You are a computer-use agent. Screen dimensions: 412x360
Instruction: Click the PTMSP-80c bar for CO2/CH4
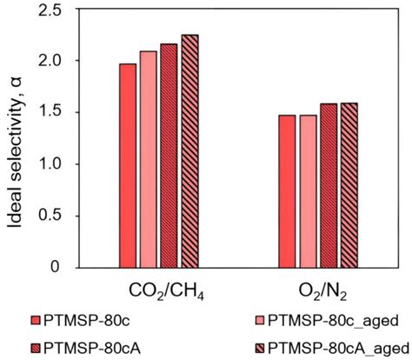(x=128, y=165)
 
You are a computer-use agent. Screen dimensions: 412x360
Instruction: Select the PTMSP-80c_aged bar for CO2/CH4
(x=149, y=159)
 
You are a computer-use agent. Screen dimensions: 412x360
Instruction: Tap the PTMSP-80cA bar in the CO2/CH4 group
(x=169, y=156)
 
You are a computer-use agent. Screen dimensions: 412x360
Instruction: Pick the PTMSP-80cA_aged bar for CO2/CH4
(x=190, y=151)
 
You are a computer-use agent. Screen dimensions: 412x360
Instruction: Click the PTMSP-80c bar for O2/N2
(x=287, y=191)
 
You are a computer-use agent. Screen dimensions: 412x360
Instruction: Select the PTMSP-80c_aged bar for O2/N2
(x=309, y=191)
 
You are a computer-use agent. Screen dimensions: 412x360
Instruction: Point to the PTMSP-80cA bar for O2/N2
(x=329, y=185)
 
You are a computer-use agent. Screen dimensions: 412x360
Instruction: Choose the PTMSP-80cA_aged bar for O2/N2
(x=349, y=185)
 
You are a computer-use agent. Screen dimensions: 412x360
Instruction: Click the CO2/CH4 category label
(x=167, y=291)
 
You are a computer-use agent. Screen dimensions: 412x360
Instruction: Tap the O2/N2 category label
(x=323, y=291)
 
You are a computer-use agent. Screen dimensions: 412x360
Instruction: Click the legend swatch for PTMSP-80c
(x=36, y=320)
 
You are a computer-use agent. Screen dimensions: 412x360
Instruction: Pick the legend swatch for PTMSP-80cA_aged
(x=260, y=348)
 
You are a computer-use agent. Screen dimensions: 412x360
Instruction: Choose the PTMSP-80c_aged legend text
(x=334, y=321)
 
